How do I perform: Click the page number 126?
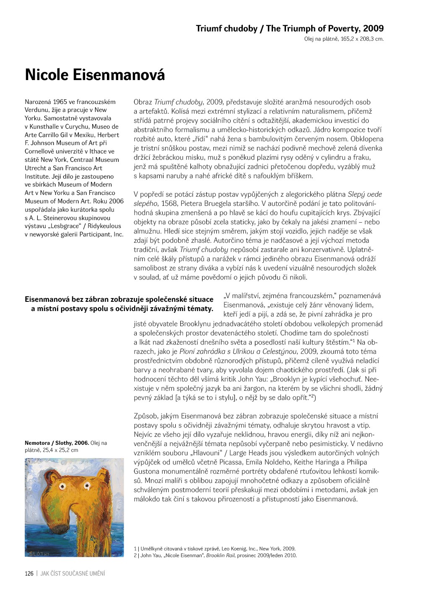(x=29, y=573)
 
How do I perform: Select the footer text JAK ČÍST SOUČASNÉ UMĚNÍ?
(x=73, y=573)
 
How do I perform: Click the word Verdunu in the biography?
(x=36, y=110)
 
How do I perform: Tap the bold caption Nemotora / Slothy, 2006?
(x=57, y=443)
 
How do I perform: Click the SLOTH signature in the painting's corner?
(x=39, y=553)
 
